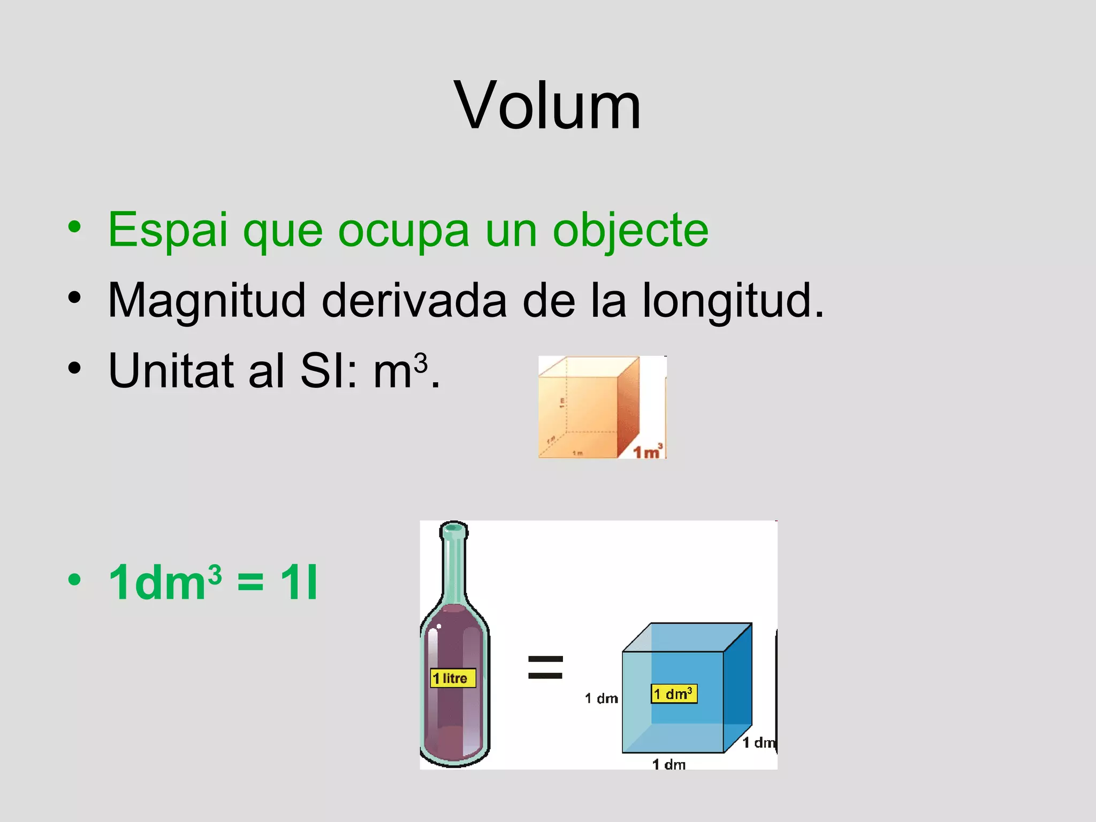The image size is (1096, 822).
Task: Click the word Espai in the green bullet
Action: pos(168,230)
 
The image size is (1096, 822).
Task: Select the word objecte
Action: pos(630,230)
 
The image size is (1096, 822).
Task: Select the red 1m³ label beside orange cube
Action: pos(648,452)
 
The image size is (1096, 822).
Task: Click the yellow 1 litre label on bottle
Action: pos(453,679)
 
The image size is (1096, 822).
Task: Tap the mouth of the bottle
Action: pos(453,529)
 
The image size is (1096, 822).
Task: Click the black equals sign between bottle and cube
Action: pos(545,667)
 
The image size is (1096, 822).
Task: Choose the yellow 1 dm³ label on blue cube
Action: pos(674,694)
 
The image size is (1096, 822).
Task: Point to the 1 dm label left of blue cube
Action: pos(601,698)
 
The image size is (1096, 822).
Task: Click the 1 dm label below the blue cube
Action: pos(668,764)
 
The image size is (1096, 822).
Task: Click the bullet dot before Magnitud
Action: pos(74,298)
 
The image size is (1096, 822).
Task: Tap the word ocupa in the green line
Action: pos(404,230)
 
